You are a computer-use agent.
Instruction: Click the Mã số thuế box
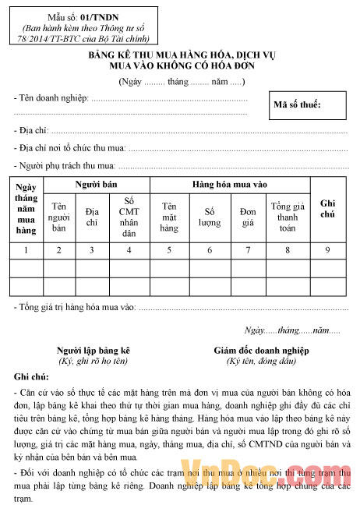(309, 105)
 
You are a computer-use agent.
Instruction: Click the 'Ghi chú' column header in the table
(327, 207)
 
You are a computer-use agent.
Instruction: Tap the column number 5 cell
(169, 250)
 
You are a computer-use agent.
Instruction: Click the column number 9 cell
(327, 250)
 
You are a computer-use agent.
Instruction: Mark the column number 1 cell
(26, 250)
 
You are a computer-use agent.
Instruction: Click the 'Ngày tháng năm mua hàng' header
(26, 208)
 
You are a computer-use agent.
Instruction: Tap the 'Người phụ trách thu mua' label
(65, 165)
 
